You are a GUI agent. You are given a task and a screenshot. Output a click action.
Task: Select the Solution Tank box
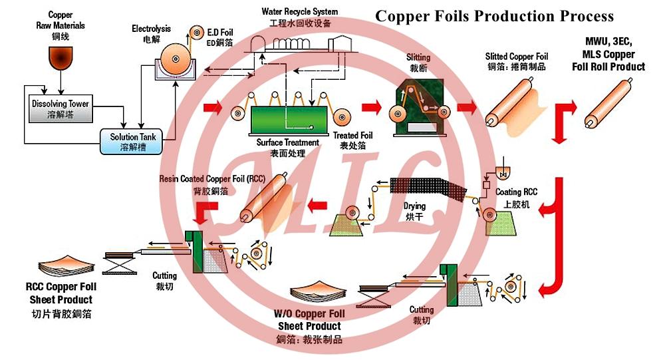133,141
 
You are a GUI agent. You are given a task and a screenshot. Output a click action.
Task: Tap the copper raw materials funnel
61,58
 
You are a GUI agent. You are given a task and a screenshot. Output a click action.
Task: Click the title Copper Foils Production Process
494,16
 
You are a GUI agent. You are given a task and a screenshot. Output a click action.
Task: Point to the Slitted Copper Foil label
517,61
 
